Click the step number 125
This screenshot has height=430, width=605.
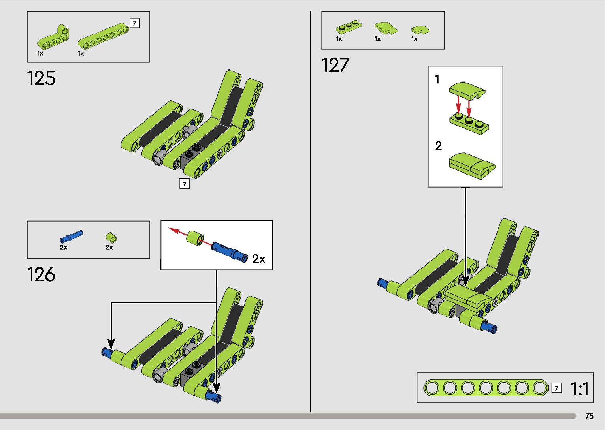click(41, 78)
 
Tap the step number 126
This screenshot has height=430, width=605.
click(41, 274)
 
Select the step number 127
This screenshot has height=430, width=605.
click(335, 65)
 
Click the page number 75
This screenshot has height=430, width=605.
click(589, 416)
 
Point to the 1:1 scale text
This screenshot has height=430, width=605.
click(580, 389)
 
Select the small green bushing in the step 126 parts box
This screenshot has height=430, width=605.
click(111, 238)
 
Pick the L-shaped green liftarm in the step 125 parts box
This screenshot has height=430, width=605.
click(53, 38)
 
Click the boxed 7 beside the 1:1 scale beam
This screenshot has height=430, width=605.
click(556, 388)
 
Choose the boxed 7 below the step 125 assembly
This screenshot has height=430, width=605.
click(185, 184)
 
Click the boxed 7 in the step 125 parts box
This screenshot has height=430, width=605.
click(135, 23)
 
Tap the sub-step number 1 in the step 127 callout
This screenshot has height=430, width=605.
click(437, 79)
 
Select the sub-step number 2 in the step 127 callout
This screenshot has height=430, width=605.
click(438, 146)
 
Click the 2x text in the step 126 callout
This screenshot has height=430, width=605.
click(259, 259)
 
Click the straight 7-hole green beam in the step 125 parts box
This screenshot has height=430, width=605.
click(103, 36)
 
